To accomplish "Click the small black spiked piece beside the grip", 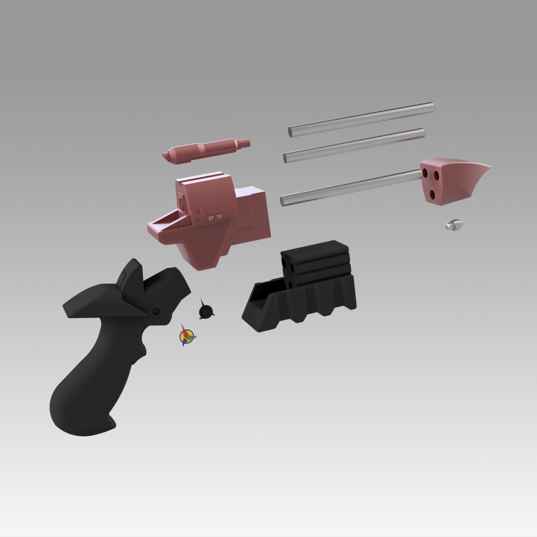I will coord(205,310).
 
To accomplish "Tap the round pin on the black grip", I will coord(156,311).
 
